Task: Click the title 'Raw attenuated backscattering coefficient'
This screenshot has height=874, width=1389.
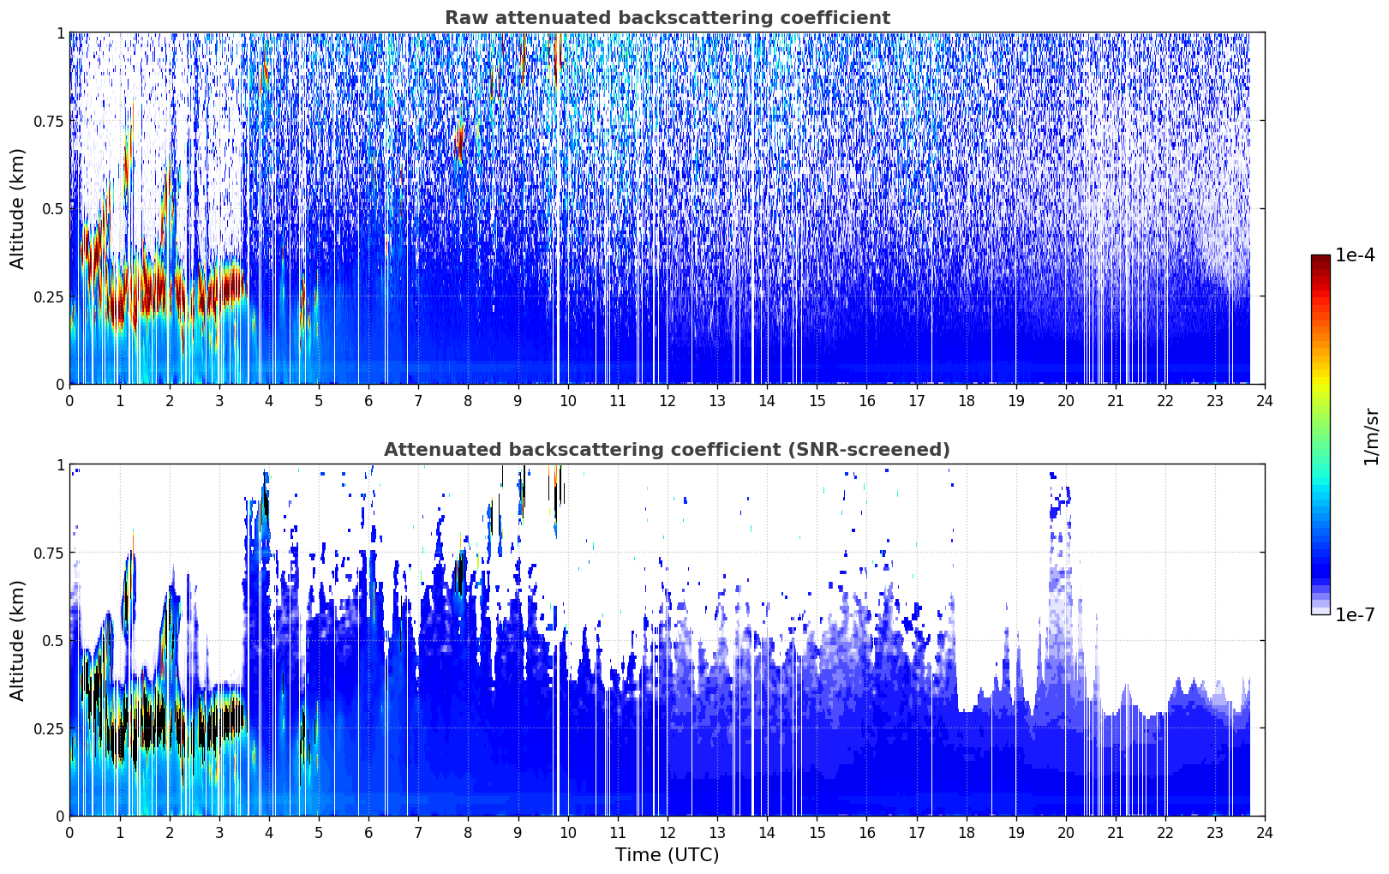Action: point(668,17)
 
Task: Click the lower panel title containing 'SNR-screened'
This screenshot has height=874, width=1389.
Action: point(668,449)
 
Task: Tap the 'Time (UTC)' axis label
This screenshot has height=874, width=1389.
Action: point(668,855)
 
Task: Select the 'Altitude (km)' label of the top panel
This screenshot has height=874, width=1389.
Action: point(17,208)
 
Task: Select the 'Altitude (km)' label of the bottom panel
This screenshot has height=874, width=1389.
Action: point(17,640)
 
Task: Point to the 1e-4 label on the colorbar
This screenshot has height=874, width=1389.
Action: point(1355,255)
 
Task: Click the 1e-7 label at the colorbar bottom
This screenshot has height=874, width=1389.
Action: point(1355,615)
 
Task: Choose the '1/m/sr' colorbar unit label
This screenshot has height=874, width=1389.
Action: point(1371,436)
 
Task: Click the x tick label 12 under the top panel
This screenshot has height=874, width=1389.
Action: point(668,400)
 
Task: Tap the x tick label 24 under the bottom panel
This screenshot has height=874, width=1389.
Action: point(1265,833)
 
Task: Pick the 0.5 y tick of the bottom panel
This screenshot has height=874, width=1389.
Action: point(53,640)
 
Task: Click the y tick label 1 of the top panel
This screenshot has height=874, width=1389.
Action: point(60,33)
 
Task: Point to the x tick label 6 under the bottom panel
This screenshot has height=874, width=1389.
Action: point(368,833)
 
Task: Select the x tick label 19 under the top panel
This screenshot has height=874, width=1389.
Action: point(1016,400)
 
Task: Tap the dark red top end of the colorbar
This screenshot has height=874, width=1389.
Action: point(1320,259)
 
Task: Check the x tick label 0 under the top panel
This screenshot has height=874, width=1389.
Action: point(69,400)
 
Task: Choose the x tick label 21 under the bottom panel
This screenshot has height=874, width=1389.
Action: point(1116,833)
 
